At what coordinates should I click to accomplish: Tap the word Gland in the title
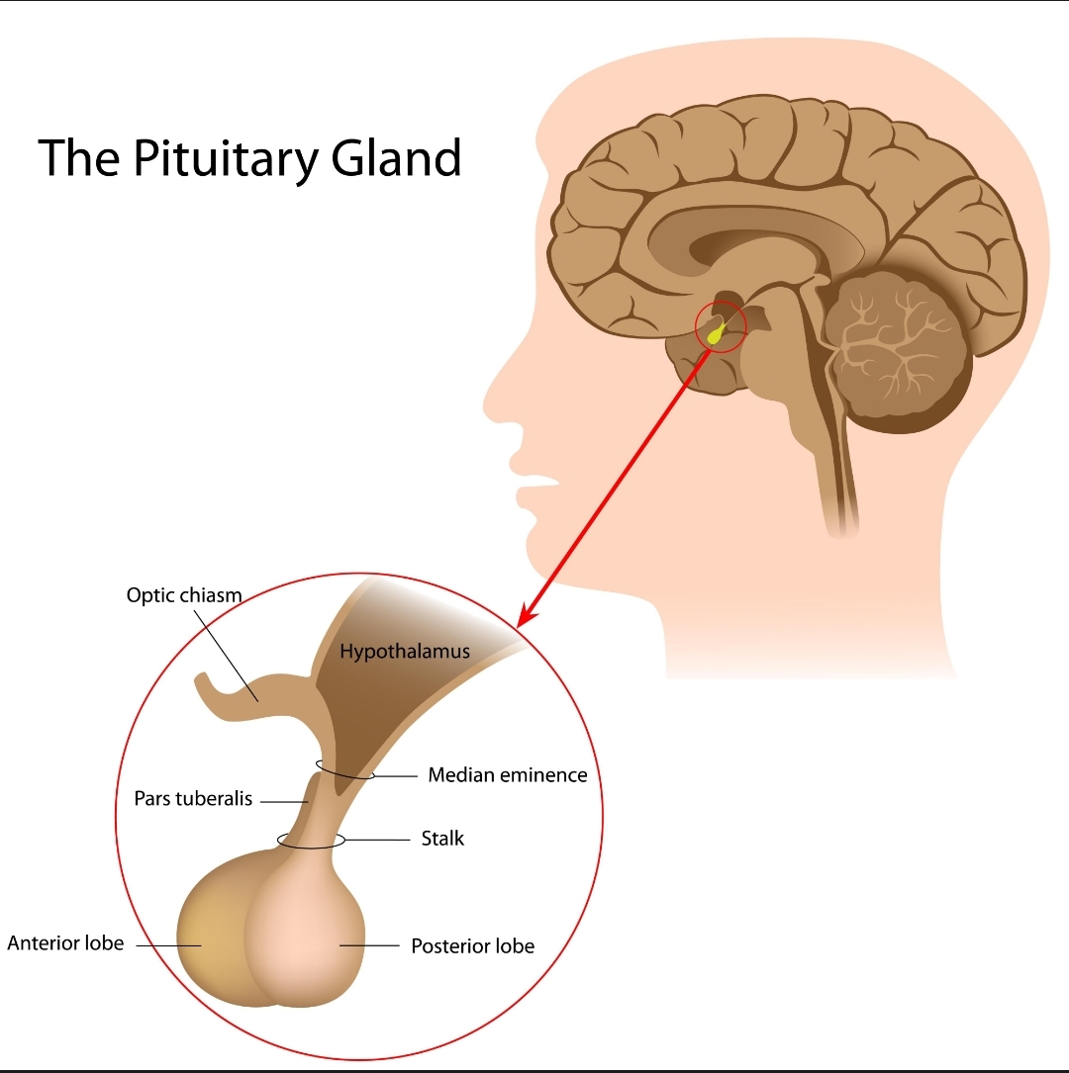(x=406, y=158)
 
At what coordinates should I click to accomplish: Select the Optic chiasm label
(x=184, y=595)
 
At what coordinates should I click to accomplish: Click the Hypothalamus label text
(x=404, y=651)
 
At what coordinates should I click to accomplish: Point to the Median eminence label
(x=507, y=775)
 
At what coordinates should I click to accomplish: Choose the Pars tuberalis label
(x=193, y=799)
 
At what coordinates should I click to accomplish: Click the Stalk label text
(x=442, y=839)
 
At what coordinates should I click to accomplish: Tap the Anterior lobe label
(x=65, y=942)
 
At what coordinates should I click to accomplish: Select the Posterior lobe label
(x=472, y=946)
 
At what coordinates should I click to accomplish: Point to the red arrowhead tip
(x=521, y=624)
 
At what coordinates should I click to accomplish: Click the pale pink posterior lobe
(x=307, y=939)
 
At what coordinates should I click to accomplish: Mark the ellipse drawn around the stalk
(x=311, y=842)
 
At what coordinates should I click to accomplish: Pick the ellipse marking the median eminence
(x=345, y=768)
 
